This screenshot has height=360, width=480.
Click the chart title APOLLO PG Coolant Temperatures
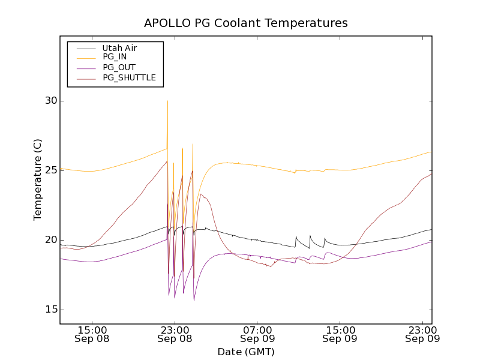tap(245, 23)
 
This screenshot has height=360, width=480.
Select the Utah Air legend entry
tap(119, 48)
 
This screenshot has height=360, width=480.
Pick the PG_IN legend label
tap(115, 57)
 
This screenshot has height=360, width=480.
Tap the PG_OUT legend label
tap(119, 67)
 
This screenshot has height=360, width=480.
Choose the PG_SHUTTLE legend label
tap(129, 77)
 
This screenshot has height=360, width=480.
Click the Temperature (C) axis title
tap(38, 179)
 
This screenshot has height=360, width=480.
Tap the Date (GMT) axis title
tap(245, 352)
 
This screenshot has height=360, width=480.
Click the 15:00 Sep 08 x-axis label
tap(92, 334)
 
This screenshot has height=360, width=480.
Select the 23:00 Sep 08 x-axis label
tap(175, 334)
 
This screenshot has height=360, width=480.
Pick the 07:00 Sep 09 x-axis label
tap(257, 334)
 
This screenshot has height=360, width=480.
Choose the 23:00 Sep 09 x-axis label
tap(422, 334)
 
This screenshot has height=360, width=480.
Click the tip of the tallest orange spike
tap(167, 101)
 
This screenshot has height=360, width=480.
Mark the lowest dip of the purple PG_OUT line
tap(194, 299)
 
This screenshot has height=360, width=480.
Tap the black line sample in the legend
tap(83, 48)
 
